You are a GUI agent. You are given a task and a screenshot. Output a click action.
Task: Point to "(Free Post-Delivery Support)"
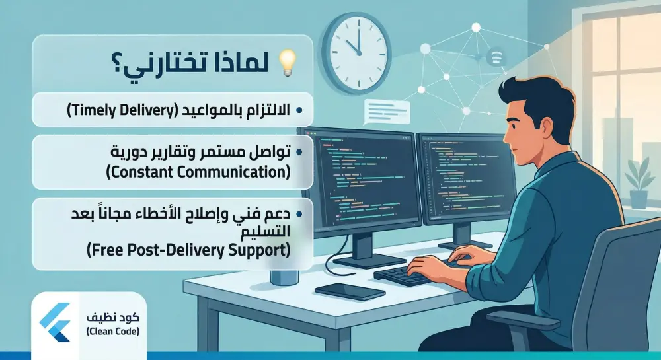point(188,250)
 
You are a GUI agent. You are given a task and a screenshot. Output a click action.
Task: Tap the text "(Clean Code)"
point(112,331)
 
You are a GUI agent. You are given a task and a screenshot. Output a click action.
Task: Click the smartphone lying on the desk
point(350,291)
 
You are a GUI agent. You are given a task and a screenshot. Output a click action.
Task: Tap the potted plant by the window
point(639,182)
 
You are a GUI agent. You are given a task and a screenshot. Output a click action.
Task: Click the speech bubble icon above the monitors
point(387,108)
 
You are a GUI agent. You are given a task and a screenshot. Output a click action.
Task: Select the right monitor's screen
point(462,178)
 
